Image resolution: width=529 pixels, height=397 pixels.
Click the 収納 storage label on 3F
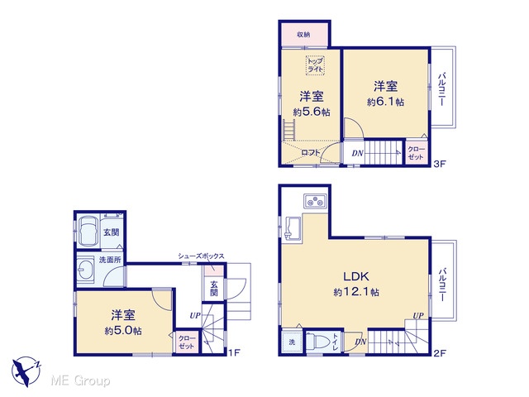pyautogui.click(x=303, y=35)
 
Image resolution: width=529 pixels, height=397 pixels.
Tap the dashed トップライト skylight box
pyautogui.click(x=315, y=65)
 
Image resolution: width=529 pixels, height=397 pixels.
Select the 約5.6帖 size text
pyautogui.click(x=312, y=112)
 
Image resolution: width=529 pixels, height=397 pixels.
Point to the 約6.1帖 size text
pyautogui.click(x=385, y=102)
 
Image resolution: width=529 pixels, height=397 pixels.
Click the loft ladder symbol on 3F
pyautogui.click(x=289, y=130)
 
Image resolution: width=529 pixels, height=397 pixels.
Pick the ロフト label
pyautogui.click(x=311, y=152)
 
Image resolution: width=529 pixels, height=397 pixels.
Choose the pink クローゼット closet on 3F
pyautogui.click(x=417, y=152)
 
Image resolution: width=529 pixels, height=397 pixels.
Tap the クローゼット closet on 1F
pyautogui.click(x=187, y=342)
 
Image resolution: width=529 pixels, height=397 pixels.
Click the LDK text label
pyautogui.click(x=356, y=276)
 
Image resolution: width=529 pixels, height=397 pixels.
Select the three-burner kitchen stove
pyautogui.click(x=316, y=201)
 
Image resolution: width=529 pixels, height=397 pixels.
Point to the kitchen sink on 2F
pyautogui.click(x=292, y=228)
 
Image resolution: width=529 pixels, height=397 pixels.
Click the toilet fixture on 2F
pyautogui.click(x=317, y=342)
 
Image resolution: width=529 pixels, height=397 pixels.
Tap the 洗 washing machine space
pyautogui.click(x=292, y=342)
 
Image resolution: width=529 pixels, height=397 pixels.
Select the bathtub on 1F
pyautogui.click(x=89, y=232)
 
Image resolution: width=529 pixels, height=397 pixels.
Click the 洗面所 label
pyautogui.click(x=110, y=260)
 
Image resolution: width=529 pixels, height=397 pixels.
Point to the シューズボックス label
pyautogui.click(x=201, y=256)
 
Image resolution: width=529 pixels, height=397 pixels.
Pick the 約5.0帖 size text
pyautogui.click(x=123, y=331)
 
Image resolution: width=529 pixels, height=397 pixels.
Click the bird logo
pyautogui.click(x=26, y=371)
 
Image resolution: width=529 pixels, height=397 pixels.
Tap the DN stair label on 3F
pyautogui.click(x=358, y=154)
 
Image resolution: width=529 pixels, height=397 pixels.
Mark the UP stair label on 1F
pyautogui.click(x=195, y=316)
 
